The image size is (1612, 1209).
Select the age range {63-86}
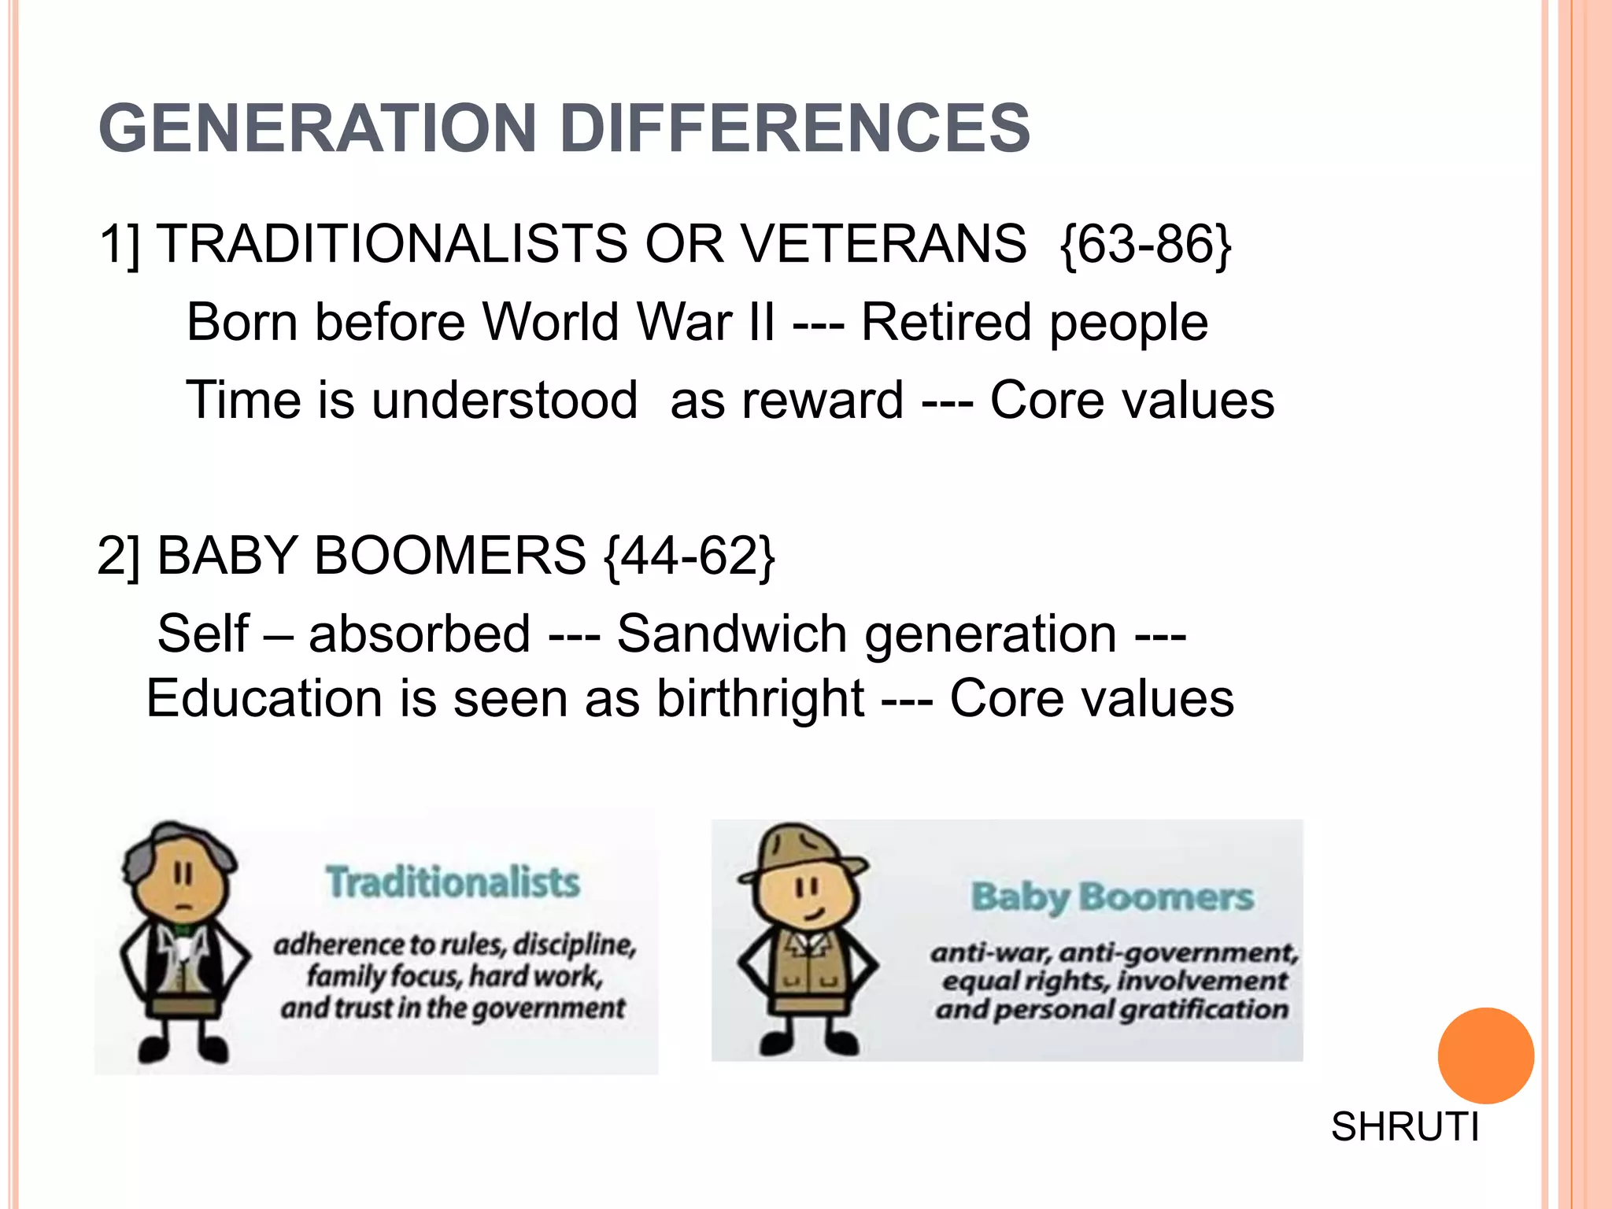click(x=1145, y=244)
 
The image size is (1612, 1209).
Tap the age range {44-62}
click(x=690, y=556)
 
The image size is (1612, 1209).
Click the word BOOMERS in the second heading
click(x=449, y=556)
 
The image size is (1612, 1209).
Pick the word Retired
click(x=945, y=322)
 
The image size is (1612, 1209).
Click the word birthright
click(x=760, y=699)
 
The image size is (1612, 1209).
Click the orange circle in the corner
click(x=1485, y=1056)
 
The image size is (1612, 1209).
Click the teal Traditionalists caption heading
click(x=453, y=882)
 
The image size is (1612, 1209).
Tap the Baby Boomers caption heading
click(x=1111, y=897)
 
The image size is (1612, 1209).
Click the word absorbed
click(x=419, y=634)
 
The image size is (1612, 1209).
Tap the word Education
click(x=264, y=699)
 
